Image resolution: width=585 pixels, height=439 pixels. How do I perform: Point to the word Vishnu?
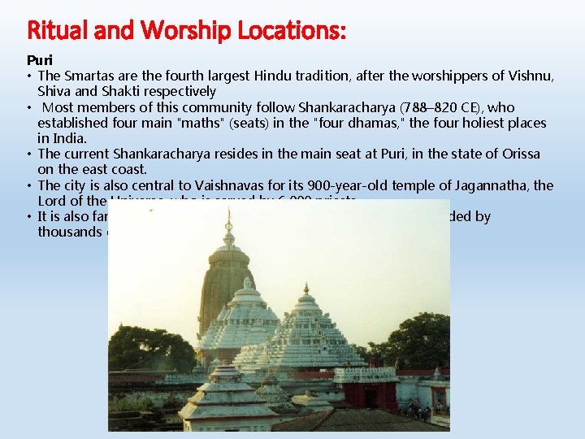tap(529, 76)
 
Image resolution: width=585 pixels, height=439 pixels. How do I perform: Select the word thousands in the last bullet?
tap(67, 232)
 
